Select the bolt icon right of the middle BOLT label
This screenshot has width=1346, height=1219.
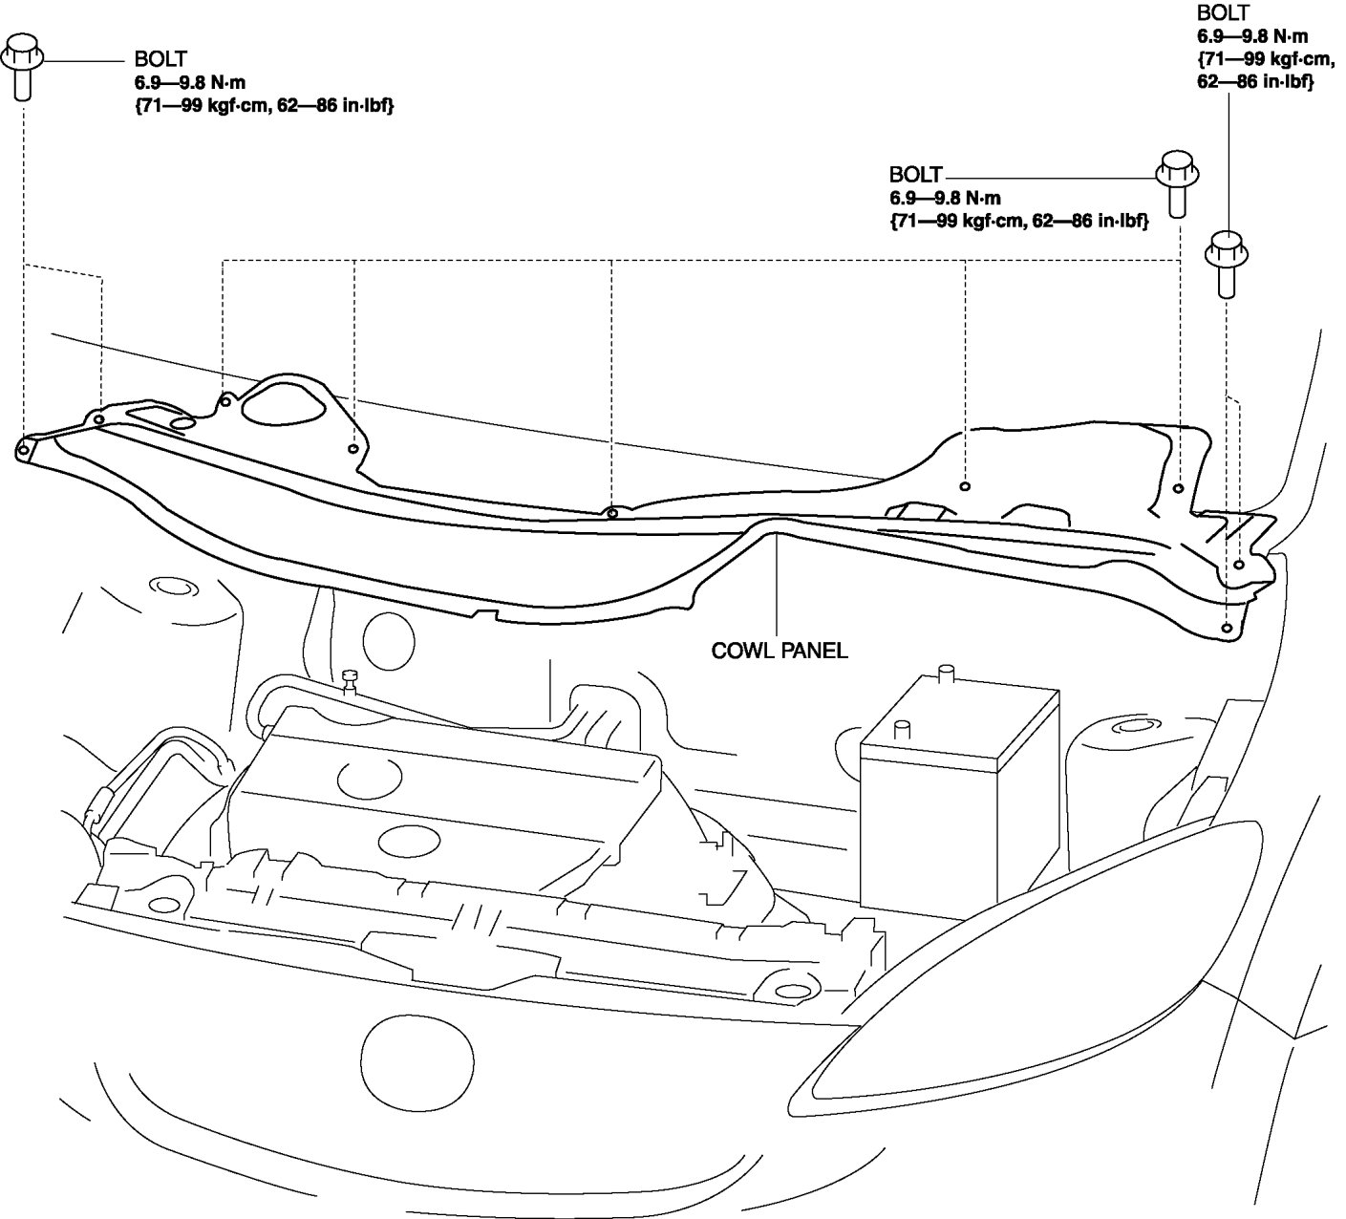pyautogui.click(x=1178, y=182)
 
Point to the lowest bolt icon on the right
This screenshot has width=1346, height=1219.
pyautogui.click(x=1226, y=262)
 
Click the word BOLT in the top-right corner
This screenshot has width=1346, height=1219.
pyautogui.click(x=1222, y=13)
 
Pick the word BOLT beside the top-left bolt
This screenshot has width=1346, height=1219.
pyautogui.click(x=161, y=60)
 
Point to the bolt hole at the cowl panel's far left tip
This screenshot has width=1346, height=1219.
pyautogui.click(x=23, y=449)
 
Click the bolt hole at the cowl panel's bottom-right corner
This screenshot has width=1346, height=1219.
pyautogui.click(x=1227, y=628)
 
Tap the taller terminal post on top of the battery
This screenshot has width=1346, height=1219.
pyautogui.click(x=947, y=674)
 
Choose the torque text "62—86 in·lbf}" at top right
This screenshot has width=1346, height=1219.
pyautogui.click(x=1254, y=82)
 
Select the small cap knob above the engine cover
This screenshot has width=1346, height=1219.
pyautogui.click(x=350, y=679)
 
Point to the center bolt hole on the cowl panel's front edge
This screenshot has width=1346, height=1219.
pyautogui.click(x=612, y=513)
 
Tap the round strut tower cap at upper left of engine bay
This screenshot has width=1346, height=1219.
pyautogui.click(x=169, y=586)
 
